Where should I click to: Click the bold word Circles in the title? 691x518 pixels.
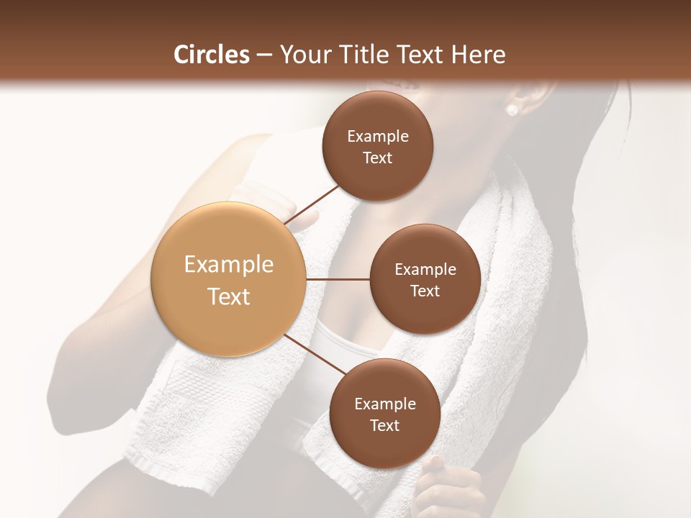(212, 55)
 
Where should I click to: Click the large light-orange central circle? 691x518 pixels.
(228, 279)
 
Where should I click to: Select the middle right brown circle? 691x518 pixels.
(425, 278)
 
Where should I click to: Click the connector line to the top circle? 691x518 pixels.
(311, 204)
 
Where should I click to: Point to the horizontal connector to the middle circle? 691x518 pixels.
(338, 279)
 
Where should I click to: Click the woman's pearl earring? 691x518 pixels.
(512, 110)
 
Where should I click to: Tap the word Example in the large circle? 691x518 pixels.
(229, 265)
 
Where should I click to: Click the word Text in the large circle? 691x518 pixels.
(229, 296)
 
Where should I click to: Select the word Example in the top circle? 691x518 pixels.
(378, 137)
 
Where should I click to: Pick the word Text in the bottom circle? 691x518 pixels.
(384, 425)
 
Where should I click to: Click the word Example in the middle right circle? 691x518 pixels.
(425, 269)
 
